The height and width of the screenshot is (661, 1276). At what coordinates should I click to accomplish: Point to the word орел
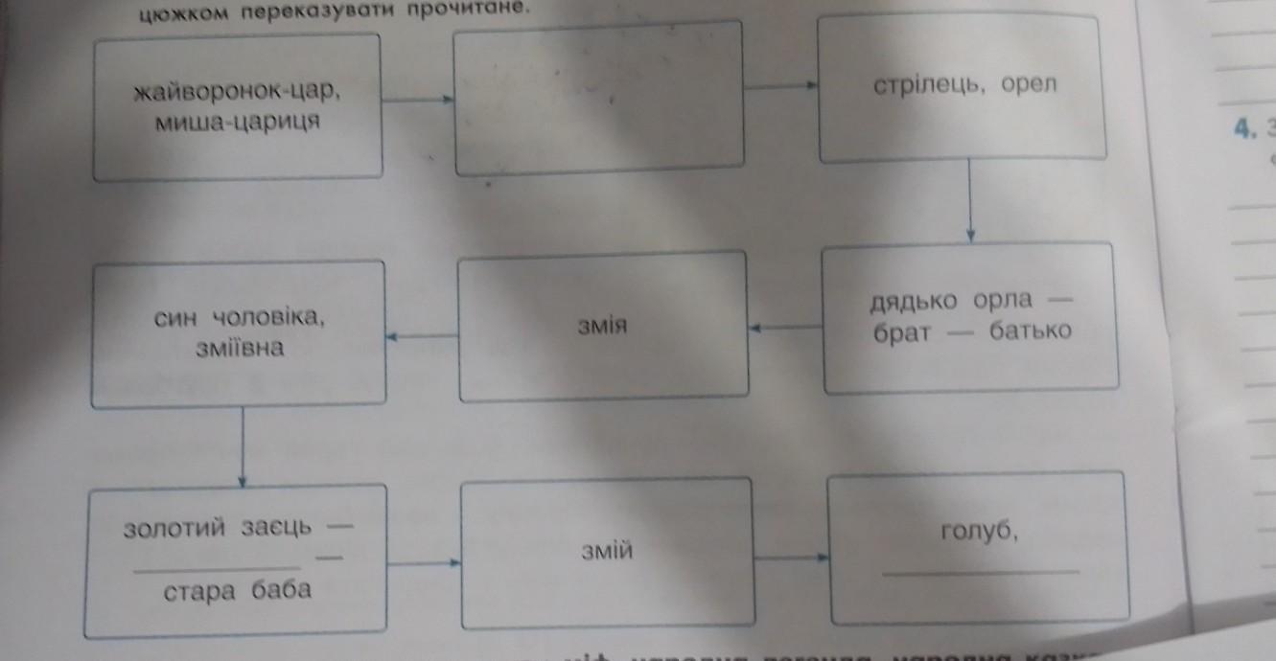[1027, 83]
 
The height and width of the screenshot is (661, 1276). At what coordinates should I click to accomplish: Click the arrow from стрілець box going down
[970, 201]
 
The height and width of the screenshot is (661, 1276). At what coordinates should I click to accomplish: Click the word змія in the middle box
[603, 328]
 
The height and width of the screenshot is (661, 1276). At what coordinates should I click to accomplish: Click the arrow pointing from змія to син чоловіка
[422, 336]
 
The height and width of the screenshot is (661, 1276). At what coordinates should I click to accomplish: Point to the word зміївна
[239, 348]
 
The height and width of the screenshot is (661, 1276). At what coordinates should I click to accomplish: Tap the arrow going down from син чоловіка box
[241, 446]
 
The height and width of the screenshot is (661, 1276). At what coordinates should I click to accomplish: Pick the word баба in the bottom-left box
[282, 589]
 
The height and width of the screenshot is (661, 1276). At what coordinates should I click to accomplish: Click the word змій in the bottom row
[608, 551]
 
